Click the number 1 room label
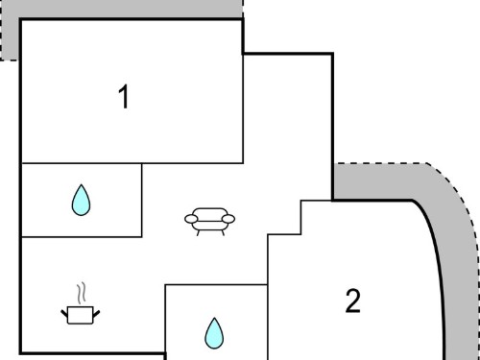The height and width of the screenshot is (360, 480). pyautogui.click(x=124, y=97)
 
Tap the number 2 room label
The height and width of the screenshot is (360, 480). pyautogui.click(x=353, y=300)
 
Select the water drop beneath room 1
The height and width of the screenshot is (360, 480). pyautogui.click(x=81, y=200)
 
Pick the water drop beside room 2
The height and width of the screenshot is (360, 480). pyautogui.click(x=214, y=333)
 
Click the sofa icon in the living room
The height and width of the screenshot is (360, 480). pyautogui.click(x=209, y=222)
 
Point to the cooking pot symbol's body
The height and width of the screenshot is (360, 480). pyautogui.click(x=81, y=315)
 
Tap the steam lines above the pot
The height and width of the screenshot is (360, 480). pyautogui.click(x=82, y=293)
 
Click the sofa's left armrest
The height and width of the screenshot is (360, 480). pyautogui.click(x=191, y=219)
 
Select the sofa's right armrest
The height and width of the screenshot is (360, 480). pyautogui.click(x=228, y=219)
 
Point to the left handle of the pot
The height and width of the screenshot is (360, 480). pyautogui.click(x=64, y=313)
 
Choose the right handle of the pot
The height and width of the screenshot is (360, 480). pyautogui.click(x=96, y=314)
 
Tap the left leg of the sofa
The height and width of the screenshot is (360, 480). pyautogui.click(x=198, y=233)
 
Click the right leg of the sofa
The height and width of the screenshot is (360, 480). pyautogui.click(x=223, y=232)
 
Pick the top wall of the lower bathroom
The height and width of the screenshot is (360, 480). pyautogui.click(x=216, y=284)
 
